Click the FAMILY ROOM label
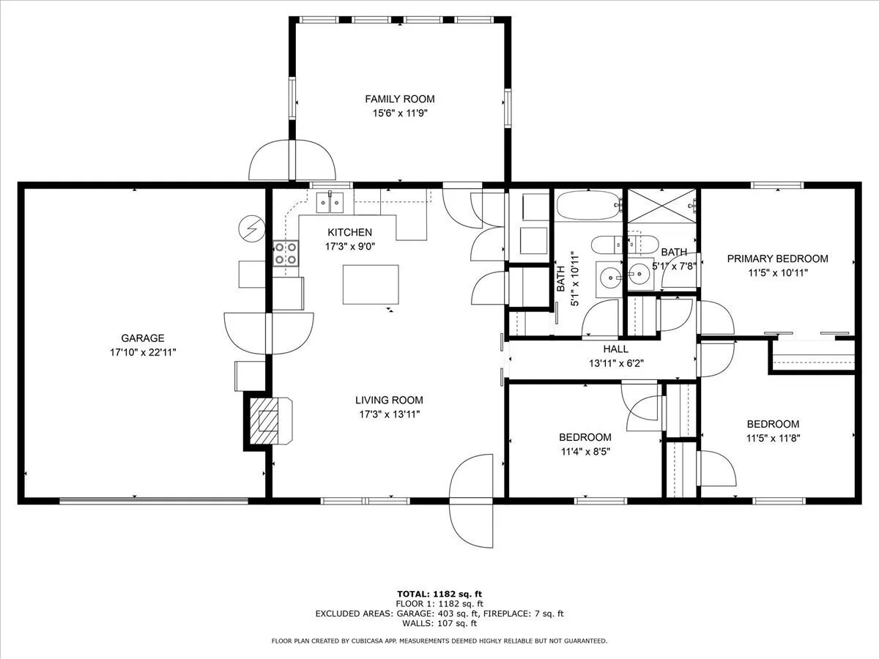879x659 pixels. coord(400,99)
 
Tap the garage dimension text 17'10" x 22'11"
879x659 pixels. coord(143,352)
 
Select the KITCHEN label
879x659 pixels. coord(349,232)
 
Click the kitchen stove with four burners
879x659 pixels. coord(286,253)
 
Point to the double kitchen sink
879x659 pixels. coord(330,203)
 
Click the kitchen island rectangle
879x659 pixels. coord(371,285)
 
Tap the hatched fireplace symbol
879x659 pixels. coord(264,420)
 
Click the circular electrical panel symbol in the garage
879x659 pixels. coord(251,229)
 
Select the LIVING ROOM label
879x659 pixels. coord(389,400)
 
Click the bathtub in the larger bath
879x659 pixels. coord(589,205)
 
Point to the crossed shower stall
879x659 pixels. coord(661,206)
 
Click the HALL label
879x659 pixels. coord(616,349)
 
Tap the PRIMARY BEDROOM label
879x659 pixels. coord(778,259)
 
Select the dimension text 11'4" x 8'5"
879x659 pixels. coord(585,452)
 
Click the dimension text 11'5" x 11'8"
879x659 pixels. coord(774,438)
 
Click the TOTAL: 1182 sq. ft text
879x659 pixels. coord(439,594)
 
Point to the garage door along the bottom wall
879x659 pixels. coord(154,500)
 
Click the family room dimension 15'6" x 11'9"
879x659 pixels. coord(400,113)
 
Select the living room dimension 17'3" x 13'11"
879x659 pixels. coord(389,414)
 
